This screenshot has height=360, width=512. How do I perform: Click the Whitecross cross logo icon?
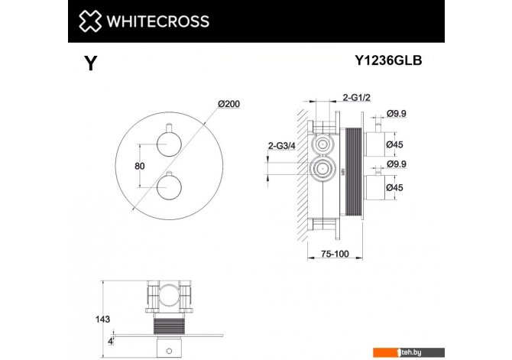(x=90, y=21)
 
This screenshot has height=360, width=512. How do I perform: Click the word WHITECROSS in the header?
(x=158, y=21)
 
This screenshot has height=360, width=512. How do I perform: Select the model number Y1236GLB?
(x=388, y=60)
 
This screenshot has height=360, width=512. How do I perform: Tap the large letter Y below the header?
(x=90, y=63)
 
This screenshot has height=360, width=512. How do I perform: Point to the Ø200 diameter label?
(x=229, y=104)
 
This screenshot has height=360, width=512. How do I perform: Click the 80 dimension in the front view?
(x=139, y=166)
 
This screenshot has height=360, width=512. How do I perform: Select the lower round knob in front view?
(x=169, y=186)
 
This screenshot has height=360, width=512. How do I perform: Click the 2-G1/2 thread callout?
(x=356, y=97)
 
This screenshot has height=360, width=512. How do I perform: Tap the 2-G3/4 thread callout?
(x=281, y=146)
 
